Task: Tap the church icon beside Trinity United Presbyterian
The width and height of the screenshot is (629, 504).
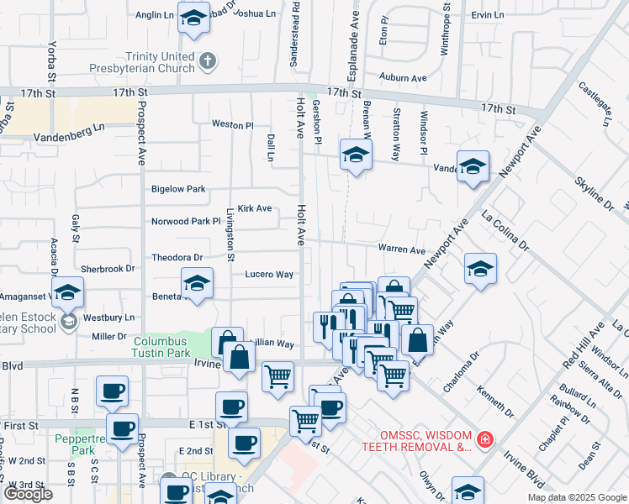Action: pos(208,60)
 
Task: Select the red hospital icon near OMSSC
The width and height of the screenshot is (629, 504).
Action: pos(484,439)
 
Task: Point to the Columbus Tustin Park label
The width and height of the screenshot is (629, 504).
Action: pos(166,347)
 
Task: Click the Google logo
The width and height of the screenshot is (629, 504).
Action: pos(28,494)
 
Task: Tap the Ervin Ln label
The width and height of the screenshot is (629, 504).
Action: pos(488,15)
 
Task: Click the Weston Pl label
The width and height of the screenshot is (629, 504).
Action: pos(232,124)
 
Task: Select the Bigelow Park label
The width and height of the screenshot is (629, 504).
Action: pos(178,190)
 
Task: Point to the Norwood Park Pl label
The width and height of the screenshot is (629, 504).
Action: pos(185,222)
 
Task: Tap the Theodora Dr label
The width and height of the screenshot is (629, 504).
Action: pos(177,257)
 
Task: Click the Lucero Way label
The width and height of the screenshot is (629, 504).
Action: pos(269,275)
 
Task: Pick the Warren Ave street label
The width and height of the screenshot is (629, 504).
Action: pos(402,249)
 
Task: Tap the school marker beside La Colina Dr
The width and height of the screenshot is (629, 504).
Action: pos(480,269)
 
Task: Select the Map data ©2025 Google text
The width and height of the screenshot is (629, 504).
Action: pos(577,497)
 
